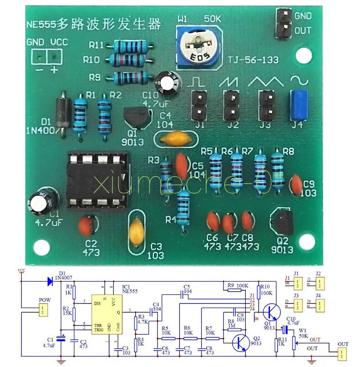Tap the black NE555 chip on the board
pyautogui.click(x=96, y=180)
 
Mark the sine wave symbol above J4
pyautogui.click(x=299, y=81)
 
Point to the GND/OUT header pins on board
pyautogui.click(x=284, y=23)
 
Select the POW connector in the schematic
pyautogui.click(x=42, y=310)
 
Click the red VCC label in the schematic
pyautogui.click(x=21, y=271)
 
